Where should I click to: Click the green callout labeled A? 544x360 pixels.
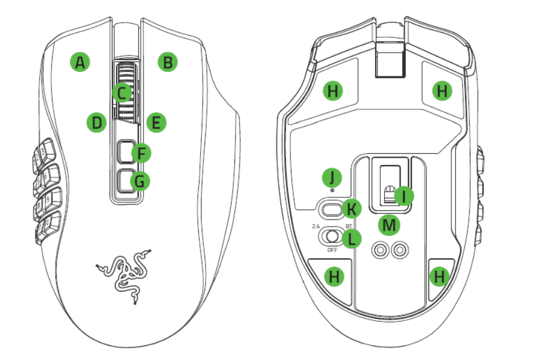80,62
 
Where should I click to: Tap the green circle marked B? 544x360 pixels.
167,62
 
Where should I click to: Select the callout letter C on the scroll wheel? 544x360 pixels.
122,93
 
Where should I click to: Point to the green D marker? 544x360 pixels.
97,122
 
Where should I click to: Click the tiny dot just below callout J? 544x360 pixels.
332,190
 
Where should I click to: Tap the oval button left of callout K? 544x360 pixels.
330,209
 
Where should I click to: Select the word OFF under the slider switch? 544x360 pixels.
332,249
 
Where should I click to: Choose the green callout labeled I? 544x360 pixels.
403,196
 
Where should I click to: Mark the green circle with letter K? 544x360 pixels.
352,210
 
